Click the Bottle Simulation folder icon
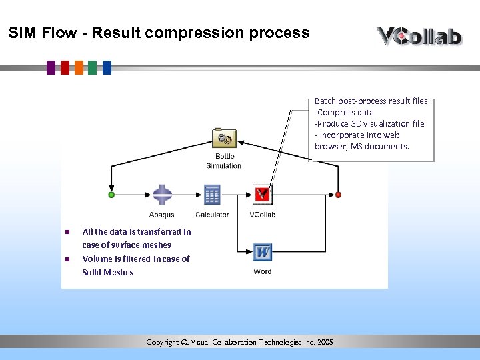click(x=224, y=138)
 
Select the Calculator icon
click(x=212, y=195)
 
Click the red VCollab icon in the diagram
click(x=263, y=195)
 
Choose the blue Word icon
click(x=263, y=252)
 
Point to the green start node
click(x=111, y=195)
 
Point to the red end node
click(x=338, y=195)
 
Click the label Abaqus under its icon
click(x=162, y=215)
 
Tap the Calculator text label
click(x=212, y=215)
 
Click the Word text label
click(x=263, y=271)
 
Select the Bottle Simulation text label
click(x=224, y=161)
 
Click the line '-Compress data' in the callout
click(x=344, y=113)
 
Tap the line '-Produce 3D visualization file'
click(x=369, y=124)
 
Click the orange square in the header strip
click(x=79, y=67)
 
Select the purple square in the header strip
click(x=51, y=67)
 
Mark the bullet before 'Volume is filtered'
click(x=67, y=259)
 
